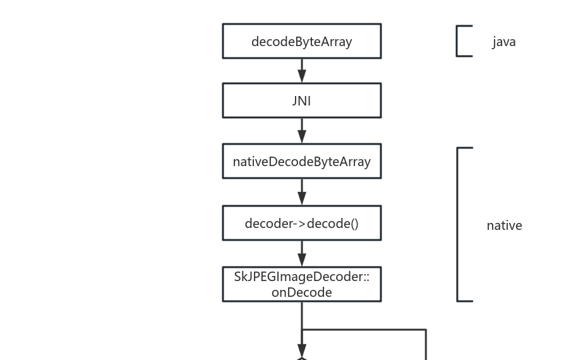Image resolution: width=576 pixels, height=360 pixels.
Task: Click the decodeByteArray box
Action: click(x=301, y=41)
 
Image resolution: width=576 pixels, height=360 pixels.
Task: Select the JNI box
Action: click(x=301, y=100)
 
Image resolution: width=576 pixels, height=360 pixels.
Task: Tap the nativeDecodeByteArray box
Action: click(x=301, y=161)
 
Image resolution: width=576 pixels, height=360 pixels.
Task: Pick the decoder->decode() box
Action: click(x=301, y=223)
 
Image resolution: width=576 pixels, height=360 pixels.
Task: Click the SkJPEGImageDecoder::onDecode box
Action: click(x=301, y=284)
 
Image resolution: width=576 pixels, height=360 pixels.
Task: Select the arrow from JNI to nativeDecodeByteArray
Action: click(x=301, y=131)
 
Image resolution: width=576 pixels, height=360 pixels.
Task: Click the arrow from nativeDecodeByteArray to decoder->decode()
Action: click(x=301, y=192)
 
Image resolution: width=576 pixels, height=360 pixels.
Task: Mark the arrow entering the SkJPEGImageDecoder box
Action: click(x=301, y=254)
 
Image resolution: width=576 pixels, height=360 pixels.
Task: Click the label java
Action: click(x=504, y=42)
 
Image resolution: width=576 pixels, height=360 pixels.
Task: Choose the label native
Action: click(x=504, y=225)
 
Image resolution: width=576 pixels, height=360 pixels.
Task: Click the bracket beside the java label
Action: click(x=458, y=41)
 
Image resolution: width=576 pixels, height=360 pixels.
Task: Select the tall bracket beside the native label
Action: click(x=459, y=224)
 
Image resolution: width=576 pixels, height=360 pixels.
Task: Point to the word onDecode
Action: click(x=301, y=292)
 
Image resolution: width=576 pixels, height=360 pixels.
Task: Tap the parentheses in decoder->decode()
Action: click(x=354, y=224)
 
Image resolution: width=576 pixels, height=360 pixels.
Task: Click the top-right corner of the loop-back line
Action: click(x=426, y=330)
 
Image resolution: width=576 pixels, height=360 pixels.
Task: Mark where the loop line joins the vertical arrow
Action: click(x=302, y=330)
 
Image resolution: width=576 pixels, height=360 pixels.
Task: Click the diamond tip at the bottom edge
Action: click(x=301, y=358)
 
